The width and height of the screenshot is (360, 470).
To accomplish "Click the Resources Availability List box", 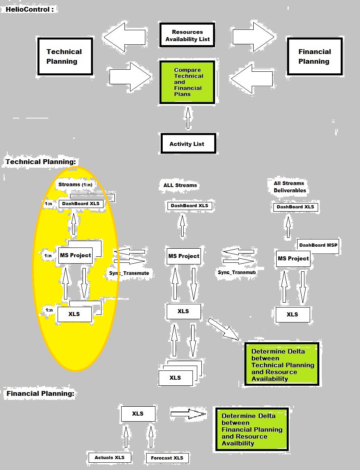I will coord(187,35).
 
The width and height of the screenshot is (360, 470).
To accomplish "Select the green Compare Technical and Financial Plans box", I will coord(187,82).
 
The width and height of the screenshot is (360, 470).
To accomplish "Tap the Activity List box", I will coord(187,143).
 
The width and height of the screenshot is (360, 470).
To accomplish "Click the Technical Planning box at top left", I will coord(64,56).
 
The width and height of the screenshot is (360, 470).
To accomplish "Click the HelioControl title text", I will coord(29,9).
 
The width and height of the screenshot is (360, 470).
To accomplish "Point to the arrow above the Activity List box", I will coord(187,118).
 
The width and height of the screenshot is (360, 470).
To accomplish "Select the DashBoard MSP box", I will coord(319,245).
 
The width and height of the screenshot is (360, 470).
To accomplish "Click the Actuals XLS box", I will coord(110,458).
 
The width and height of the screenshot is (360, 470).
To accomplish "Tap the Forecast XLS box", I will coord(167,458).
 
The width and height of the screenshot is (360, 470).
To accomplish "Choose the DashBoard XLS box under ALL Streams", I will coord(189,206).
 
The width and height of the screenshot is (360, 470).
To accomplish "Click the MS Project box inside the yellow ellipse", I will coord(75,255).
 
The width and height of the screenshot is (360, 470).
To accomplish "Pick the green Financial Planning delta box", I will coord(252,430).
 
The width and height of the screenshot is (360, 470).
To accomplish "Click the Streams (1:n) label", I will coord(75,185).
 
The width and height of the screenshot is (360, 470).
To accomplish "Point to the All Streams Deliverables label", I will coord(290,187).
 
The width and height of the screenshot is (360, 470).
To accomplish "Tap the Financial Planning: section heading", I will coord(41,394).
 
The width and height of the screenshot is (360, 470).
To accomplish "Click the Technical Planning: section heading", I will coord(41,162).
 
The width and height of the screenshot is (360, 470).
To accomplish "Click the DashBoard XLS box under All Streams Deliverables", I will coord(295,207).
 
